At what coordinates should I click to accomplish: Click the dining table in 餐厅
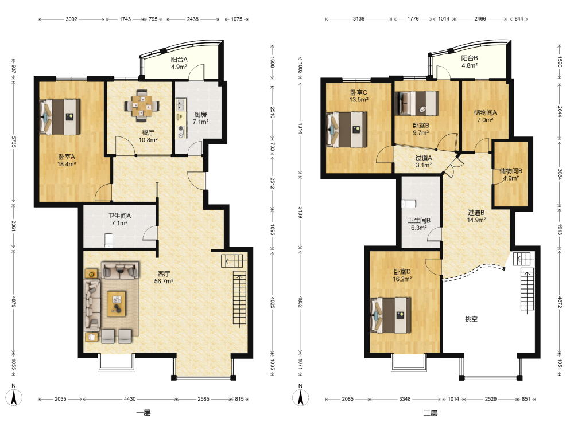point(142,105)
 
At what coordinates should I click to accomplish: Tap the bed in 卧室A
point(60,116)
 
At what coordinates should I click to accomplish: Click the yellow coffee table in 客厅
point(117,304)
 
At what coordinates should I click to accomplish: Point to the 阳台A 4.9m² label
point(179,63)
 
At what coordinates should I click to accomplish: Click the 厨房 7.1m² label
point(200,118)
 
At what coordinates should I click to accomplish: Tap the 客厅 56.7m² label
point(164,277)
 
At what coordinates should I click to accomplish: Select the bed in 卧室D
point(390,315)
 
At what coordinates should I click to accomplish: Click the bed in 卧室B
point(417,103)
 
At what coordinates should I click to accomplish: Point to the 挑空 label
point(471,319)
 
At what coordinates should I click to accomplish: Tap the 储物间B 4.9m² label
point(511,174)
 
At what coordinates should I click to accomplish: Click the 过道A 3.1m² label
point(424,161)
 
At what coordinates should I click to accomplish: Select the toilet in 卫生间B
point(409,204)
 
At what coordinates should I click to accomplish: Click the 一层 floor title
point(143,413)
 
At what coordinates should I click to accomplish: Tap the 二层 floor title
point(430,413)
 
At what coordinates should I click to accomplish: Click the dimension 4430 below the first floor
point(130,399)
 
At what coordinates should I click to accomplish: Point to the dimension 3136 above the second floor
point(358,19)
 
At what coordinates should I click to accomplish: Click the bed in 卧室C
point(347,130)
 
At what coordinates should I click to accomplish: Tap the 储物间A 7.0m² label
point(485,116)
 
